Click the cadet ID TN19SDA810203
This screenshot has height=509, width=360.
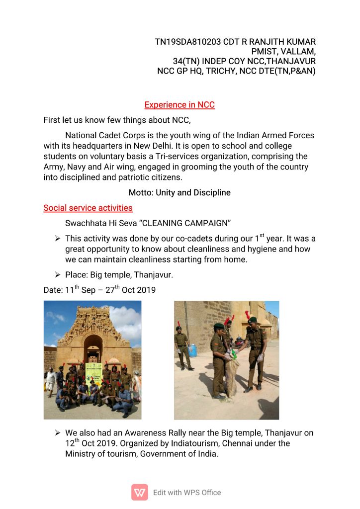click(x=188, y=42)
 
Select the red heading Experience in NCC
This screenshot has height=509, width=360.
click(x=180, y=105)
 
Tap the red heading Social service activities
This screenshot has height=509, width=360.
click(x=88, y=208)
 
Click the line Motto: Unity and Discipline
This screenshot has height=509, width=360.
click(x=180, y=192)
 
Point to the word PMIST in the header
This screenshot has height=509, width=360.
click(x=266, y=51)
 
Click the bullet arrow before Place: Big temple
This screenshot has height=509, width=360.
click(x=58, y=274)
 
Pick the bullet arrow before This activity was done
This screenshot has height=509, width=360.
click(x=58, y=239)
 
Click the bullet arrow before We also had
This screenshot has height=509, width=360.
click(x=58, y=433)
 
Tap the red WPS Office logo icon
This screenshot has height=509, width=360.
click(x=140, y=492)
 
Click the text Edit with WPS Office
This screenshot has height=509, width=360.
click(x=187, y=493)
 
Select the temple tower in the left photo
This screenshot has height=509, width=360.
click(x=93, y=331)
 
